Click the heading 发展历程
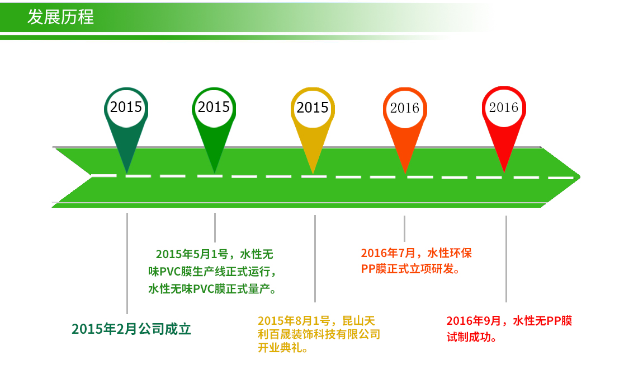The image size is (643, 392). [x=60, y=17]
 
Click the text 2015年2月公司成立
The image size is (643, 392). [x=131, y=329]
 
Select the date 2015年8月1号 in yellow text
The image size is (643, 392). [x=294, y=321]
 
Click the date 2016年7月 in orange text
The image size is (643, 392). [x=389, y=253]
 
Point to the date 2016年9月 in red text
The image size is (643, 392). [x=474, y=321]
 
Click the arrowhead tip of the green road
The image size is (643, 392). [x=580, y=177]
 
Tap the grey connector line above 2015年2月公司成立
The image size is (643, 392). [x=127, y=263]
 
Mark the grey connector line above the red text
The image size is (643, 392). [x=507, y=259]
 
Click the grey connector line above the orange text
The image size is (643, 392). [x=405, y=228]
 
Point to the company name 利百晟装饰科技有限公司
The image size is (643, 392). [x=319, y=334]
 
